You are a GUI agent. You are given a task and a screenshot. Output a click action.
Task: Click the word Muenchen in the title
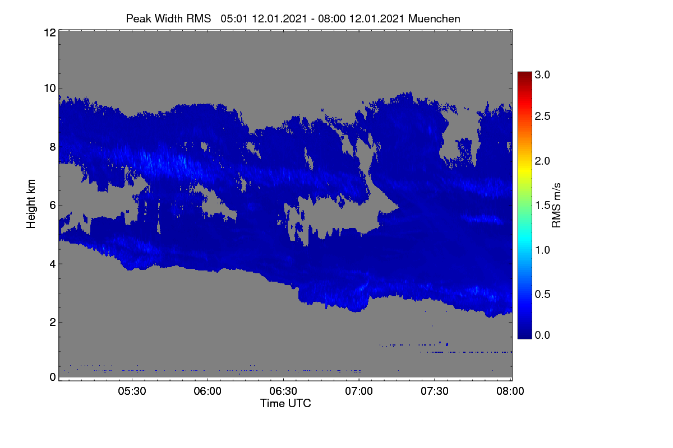pyautogui.click(x=434, y=19)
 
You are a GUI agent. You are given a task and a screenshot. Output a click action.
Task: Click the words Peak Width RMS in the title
pyautogui.click(x=168, y=19)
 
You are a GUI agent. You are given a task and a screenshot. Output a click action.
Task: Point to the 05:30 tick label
pyautogui.click(x=132, y=391)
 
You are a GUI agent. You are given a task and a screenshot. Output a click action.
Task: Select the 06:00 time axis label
pyautogui.click(x=208, y=391)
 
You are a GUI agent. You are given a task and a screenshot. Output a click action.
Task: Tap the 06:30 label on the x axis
pyautogui.click(x=283, y=391)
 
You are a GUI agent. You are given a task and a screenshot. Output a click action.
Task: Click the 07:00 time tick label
pyautogui.click(x=359, y=391)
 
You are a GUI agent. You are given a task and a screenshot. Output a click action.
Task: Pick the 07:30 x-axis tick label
pyautogui.click(x=435, y=391)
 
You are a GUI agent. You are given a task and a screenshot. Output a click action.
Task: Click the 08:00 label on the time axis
pyautogui.click(x=510, y=391)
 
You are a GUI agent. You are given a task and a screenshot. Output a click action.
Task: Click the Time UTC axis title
pyautogui.click(x=285, y=404)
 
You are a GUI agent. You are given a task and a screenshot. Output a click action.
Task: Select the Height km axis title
pyautogui.click(x=31, y=204)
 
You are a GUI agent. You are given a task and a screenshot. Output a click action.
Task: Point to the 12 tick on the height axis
pyautogui.click(x=50, y=32)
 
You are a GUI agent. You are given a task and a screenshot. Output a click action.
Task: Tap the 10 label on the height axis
pyautogui.click(x=50, y=88)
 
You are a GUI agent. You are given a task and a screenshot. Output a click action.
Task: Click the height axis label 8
pyautogui.click(x=53, y=147)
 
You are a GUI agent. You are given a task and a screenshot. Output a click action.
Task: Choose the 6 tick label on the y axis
pyautogui.click(x=53, y=206)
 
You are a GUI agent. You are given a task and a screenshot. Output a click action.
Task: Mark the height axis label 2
pyautogui.click(x=53, y=323)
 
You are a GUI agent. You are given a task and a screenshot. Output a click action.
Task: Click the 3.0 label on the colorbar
pyautogui.click(x=542, y=74)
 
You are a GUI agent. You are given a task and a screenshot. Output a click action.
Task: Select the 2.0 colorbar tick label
pyautogui.click(x=542, y=161)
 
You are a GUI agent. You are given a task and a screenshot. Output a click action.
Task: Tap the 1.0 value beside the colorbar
pyautogui.click(x=542, y=250)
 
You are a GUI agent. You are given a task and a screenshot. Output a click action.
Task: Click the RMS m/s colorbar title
pyautogui.click(x=556, y=206)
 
